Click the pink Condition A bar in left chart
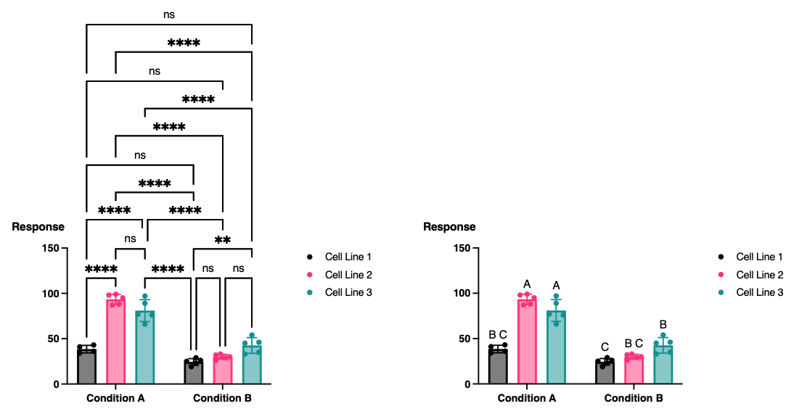(x=115, y=341)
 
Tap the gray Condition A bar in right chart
(x=498, y=366)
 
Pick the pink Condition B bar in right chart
(x=634, y=369)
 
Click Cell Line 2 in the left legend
(x=348, y=275)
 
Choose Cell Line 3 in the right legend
(x=759, y=292)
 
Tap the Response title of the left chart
(x=38, y=227)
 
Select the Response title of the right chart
(x=449, y=227)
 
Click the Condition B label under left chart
(x=222, y=398)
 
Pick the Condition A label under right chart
(x=527, y=398)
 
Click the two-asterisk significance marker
(x=222, y=241)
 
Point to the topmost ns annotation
(x=168, y=14)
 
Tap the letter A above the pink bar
(x=527, y=284)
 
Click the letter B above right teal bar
(x=663, y=324)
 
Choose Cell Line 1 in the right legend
(x=759, y=257)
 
